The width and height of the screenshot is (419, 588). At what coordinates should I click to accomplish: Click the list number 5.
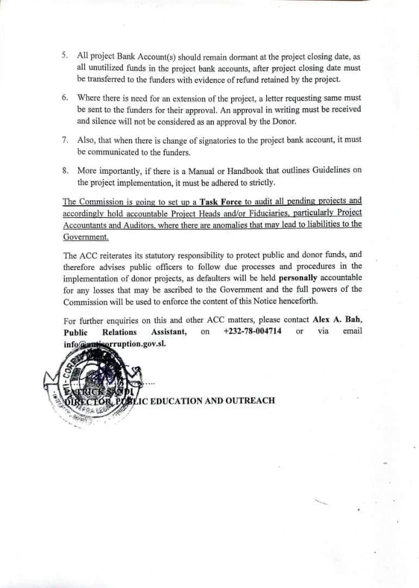(65, 56)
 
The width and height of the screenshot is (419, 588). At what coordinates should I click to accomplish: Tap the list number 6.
(65, 97)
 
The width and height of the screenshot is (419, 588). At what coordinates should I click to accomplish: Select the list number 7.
(65, 140)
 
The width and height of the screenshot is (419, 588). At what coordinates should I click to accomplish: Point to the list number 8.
(65, 170)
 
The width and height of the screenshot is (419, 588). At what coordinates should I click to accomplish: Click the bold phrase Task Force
(221, 201)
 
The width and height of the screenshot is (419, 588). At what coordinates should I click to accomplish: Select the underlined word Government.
(86, 237)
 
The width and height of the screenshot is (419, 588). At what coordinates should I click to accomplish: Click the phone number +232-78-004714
(252, 332)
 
